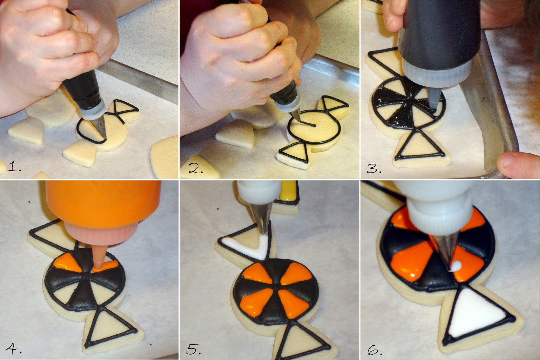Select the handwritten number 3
coord(374,168)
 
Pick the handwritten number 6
coord(375,350)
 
